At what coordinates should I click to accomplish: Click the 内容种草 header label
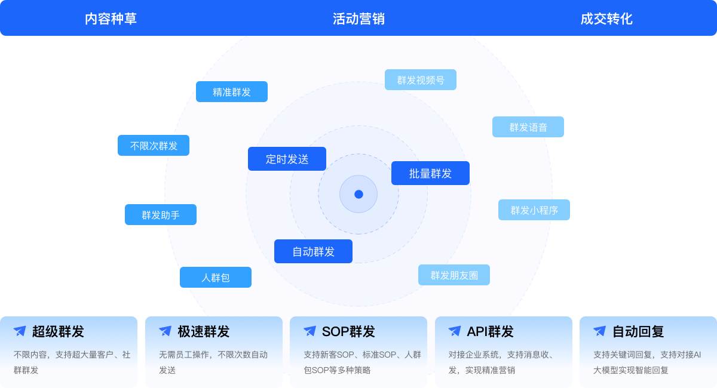(111, 19)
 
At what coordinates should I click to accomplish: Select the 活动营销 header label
(358, 19)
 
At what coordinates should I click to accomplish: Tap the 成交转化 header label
(606, 19)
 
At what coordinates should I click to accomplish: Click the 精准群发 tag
(232, 92)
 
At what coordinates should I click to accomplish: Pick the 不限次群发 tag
(154, 146)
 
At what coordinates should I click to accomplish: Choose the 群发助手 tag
(161, 215)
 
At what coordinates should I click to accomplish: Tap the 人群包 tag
(216, 278)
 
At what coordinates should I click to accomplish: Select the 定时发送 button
(287, 159)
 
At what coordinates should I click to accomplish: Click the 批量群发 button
(430, 174)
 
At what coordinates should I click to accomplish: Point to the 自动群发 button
(313, 252)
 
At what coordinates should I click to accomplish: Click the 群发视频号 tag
(421, 80)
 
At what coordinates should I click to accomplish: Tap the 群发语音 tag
(528, 127)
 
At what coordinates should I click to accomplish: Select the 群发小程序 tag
(534, 210)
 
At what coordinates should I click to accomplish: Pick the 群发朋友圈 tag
(454, 275)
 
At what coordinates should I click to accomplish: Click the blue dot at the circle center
(358, 194)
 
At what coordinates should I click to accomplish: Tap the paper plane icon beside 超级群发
(20, 331)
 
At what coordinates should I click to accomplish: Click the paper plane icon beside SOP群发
(310, 331)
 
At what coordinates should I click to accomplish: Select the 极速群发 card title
(203, 332)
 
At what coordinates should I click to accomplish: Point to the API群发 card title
(490, 332)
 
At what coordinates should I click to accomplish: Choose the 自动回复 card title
(638, 332)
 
